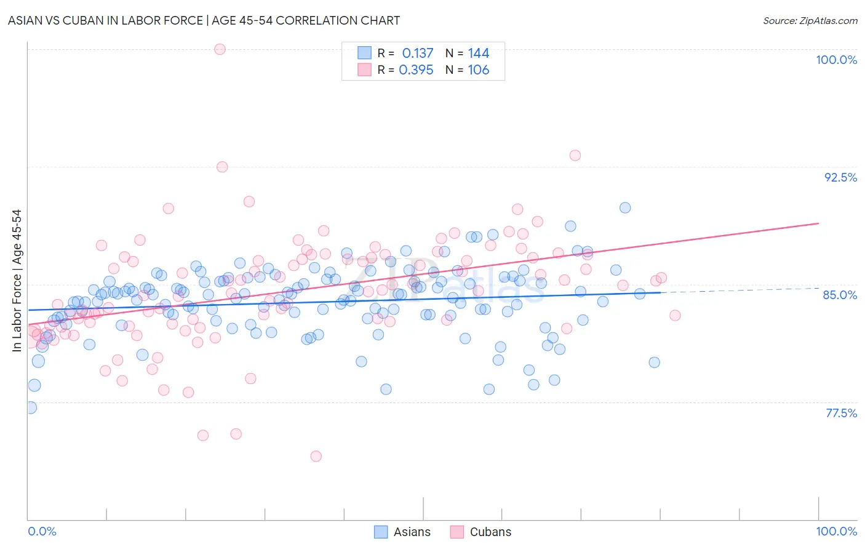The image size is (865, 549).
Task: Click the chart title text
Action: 204,20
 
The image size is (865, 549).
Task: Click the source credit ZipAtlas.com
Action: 810,20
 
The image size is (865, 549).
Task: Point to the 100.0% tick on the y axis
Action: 836,60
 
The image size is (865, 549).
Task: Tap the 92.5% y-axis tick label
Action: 840,177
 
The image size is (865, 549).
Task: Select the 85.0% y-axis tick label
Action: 840,295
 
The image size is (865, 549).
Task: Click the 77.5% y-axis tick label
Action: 841,413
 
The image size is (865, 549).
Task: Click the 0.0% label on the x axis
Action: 42,531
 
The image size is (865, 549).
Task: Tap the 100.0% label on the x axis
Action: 836,531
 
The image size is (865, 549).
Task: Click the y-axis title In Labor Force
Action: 17,281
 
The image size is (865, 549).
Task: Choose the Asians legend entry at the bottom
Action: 403,532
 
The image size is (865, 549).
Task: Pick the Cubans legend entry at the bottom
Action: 481,532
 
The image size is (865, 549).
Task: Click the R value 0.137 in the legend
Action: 418,54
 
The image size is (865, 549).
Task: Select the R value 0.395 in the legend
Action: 416,70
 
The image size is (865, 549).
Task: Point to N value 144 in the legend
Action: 478,54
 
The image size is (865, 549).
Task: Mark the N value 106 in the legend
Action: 478,70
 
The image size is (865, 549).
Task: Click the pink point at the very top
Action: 220,49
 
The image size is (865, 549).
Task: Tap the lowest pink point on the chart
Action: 316,456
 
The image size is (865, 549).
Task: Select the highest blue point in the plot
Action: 625,208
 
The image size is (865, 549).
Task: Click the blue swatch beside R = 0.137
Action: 365,54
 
